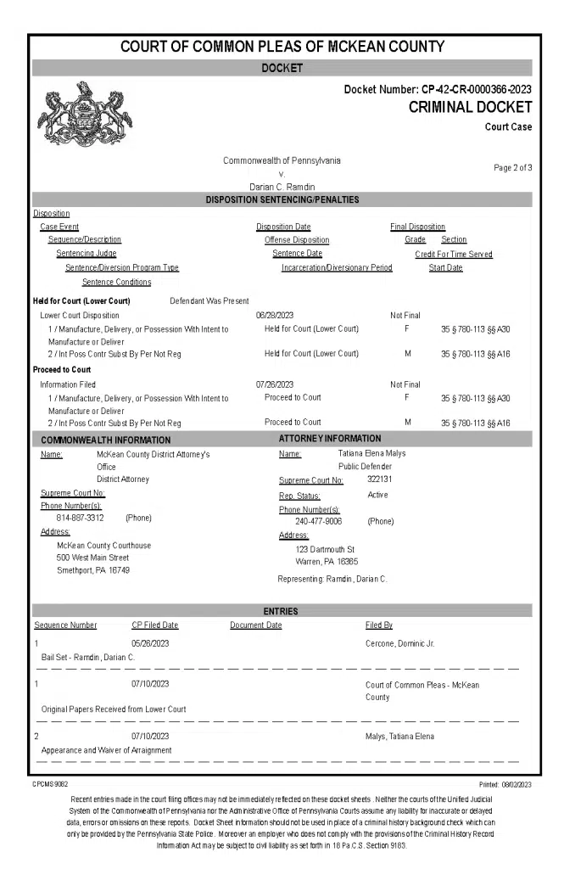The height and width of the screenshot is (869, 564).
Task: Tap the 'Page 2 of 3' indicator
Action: pyautogui.click(x=512, y=168)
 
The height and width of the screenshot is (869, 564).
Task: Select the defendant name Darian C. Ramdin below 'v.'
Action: pyautogui.click(x=282, y=186)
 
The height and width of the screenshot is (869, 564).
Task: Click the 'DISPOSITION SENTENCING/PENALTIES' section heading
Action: pyautogui.click(x=282, y=200)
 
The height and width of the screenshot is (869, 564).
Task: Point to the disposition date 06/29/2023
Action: pyautogui.click(x=275, y=316)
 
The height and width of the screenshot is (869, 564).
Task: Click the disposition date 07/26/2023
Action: pyautogui.click(x=275, y=384)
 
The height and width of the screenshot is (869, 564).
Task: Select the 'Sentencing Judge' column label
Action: pyautogui.click(x=87, y=254)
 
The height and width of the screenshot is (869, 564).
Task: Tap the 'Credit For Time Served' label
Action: pyautogui.click(x=453, y=254)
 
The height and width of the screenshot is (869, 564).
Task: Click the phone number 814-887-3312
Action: pyautogui.click(x=80, y=518)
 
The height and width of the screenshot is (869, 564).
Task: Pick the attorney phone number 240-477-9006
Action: pyautogui.click(x=318, y=521)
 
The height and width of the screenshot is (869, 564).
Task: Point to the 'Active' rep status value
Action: pyautogui.click(x=378, y=495)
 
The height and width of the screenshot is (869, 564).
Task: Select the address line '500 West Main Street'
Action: pyautogui.click(x=92, y=558)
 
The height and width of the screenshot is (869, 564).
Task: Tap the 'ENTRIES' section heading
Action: pyautogui.click(x=282, y=611)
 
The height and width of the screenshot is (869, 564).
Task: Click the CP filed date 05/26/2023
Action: pyautogui.click(x=150, y=644)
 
